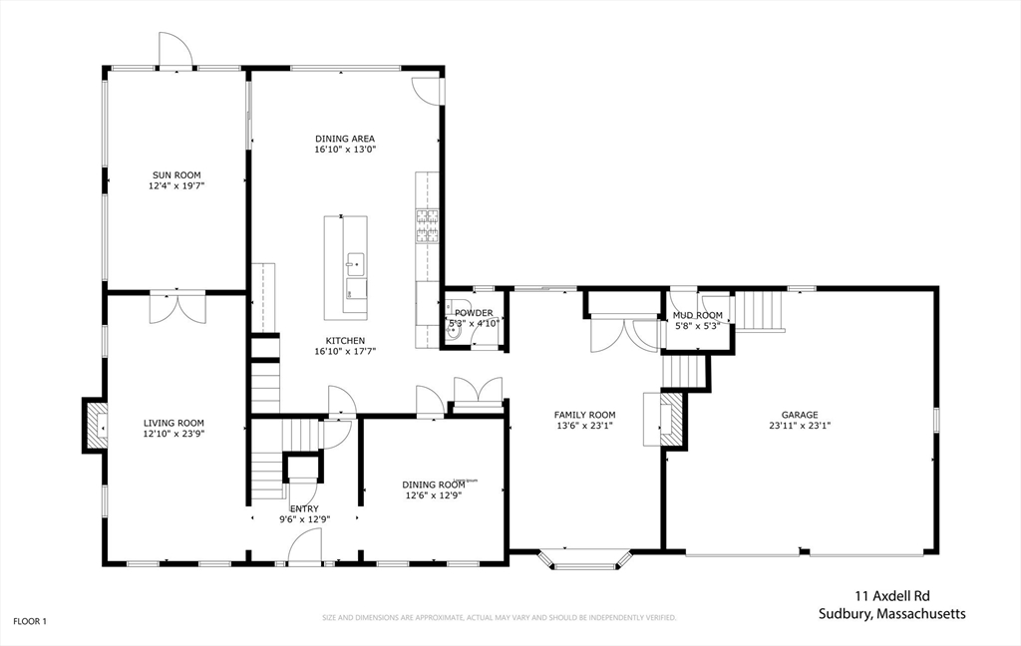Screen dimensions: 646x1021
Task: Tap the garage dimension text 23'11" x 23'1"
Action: point(799,426)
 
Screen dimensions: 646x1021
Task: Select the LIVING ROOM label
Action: point(173,423)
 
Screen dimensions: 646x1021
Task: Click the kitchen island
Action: point(345,267)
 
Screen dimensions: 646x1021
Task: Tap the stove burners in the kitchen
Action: point(427,226)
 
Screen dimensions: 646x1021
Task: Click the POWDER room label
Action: point(474,313)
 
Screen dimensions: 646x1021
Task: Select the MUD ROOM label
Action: point(697,315)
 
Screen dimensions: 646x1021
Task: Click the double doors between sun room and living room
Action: point(176,308)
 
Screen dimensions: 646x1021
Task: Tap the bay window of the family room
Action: point(584,559)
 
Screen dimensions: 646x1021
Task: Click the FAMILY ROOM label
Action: point(584,415)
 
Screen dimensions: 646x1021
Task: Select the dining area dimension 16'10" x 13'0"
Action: point(345,150)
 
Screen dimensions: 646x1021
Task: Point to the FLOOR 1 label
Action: point(29,621)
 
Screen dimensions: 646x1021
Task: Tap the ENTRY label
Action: point(304,508)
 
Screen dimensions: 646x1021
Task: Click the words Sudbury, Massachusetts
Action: point(891,614)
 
